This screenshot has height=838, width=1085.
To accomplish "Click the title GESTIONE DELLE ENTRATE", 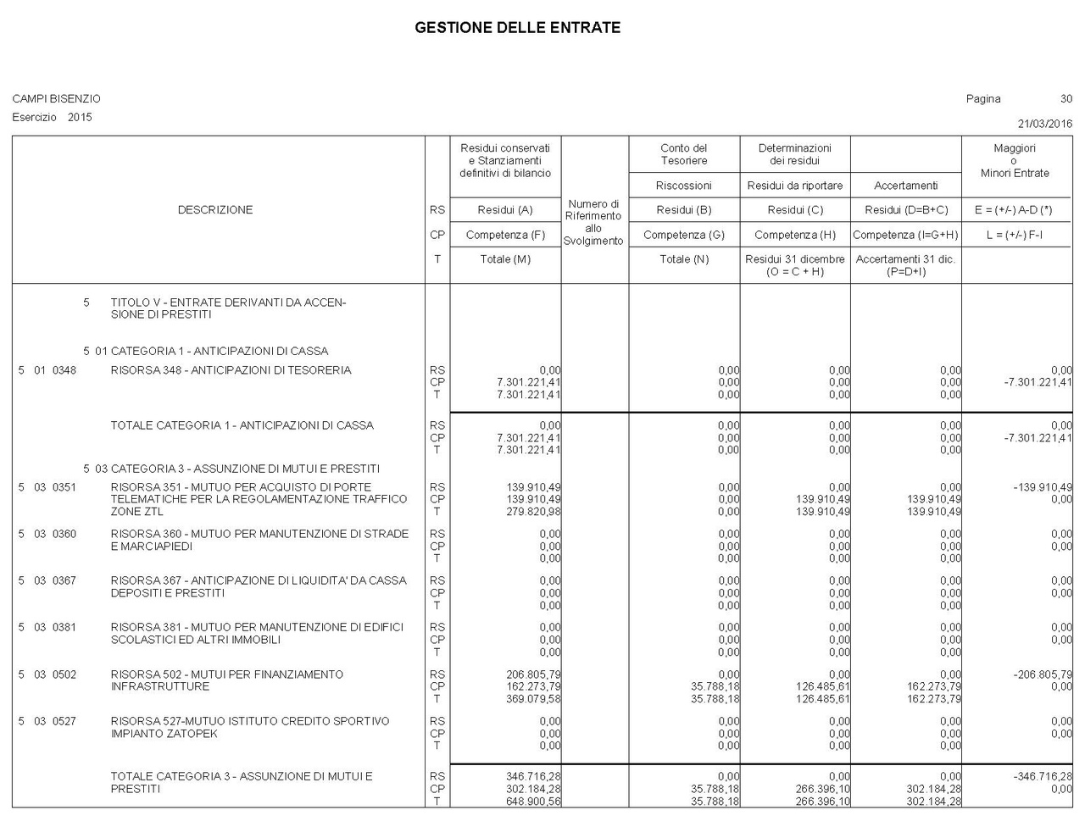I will coord(517,28).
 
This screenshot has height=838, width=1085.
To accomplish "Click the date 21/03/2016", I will coord(1044,124).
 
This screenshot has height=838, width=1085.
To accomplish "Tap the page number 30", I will coord(1066,99).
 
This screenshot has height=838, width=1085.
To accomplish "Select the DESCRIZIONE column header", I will coord(215,210).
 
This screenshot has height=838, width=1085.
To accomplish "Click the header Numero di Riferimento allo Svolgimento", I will coord(593,222).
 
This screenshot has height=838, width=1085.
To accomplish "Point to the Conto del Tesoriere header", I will coord(683,154).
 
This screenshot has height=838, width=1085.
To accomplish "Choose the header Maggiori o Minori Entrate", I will coord(1015,160).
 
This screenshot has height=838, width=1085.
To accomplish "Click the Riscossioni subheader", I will coord(683,186).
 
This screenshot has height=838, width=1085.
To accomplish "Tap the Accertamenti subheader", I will coord(905,186).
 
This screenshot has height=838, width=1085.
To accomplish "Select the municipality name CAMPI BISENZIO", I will coord(56,99).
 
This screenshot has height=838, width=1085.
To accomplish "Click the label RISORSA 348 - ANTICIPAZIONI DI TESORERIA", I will coord(231,370).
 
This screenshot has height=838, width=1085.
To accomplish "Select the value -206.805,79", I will coord(1042,674).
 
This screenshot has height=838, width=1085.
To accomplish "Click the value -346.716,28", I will coord(1042,776).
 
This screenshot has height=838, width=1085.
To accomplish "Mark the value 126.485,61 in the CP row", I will coord(822,686).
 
